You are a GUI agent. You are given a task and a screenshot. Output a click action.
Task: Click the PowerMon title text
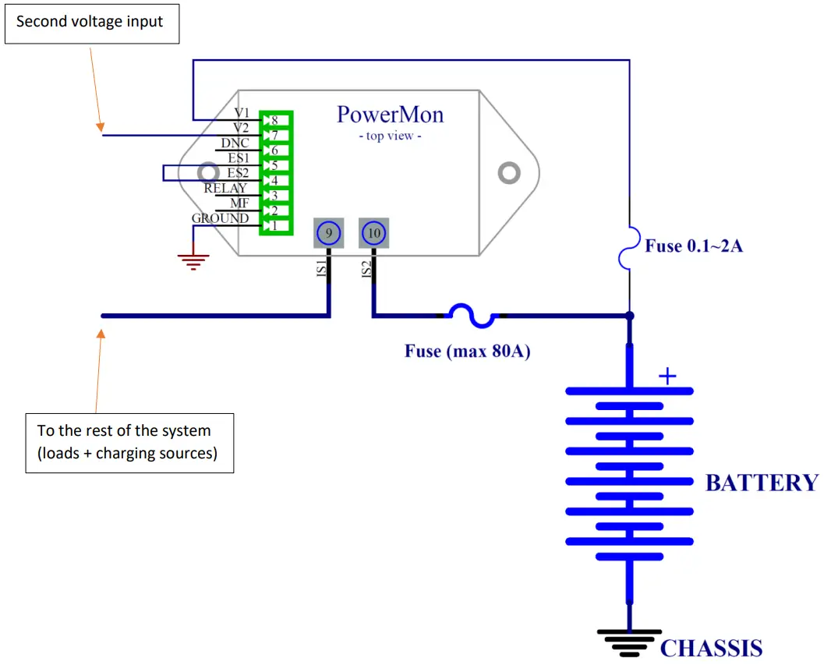(390, 115)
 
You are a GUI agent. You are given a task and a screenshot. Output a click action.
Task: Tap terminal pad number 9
(329, 233)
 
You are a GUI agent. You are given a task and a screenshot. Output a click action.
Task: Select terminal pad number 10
(373, 233)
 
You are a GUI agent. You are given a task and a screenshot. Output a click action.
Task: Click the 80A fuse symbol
(472, 315)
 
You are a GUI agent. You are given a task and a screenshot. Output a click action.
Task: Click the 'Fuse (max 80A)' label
(467, 351)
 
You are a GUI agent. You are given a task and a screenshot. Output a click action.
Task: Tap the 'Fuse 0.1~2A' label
(694, 246)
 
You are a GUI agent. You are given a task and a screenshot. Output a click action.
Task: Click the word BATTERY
(762, 483)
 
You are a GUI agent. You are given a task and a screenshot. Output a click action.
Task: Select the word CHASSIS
(711, 648)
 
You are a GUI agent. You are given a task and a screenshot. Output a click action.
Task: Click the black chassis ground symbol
(629, 643)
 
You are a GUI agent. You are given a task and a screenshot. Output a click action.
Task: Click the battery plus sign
(667, 377)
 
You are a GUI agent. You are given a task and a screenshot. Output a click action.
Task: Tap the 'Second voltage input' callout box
(92, 24)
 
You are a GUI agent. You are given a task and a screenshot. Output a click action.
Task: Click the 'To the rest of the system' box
(130, 443)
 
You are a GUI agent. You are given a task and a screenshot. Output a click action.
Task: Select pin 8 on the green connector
(275, 120)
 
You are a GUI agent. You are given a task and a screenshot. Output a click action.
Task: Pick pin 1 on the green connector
(275, 226)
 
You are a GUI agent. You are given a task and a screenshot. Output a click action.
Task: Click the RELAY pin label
(225, 188)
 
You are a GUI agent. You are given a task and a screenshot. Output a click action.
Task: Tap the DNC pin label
(235, 143)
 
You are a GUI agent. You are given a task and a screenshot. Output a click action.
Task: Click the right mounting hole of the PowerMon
(509, 173)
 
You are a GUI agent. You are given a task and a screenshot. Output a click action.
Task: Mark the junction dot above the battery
(630, 316)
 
